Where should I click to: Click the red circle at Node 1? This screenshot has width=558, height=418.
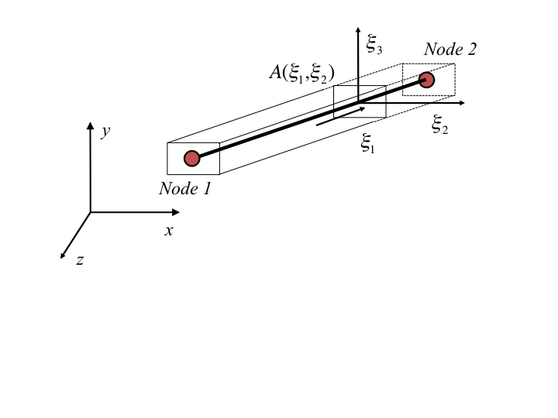(x=192, y=158)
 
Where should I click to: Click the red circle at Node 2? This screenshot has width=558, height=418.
(x=426, y=79)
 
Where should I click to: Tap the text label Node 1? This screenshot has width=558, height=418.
(x=185, y=188)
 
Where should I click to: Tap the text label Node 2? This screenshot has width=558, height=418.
(x=450, y=50)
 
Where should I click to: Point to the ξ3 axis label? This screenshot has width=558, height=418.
(x=374, y=46)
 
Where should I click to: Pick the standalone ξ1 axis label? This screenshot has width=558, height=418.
(x=368, y=143)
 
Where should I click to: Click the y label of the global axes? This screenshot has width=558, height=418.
(x=105, y=132)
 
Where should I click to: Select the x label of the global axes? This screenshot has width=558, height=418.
(x=168, y=230)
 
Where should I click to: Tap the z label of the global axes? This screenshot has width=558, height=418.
(x=80, y=260)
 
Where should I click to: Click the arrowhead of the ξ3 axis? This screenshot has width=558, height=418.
(x=358, y=33)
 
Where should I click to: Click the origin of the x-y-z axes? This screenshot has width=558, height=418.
(x=91, y=212)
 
